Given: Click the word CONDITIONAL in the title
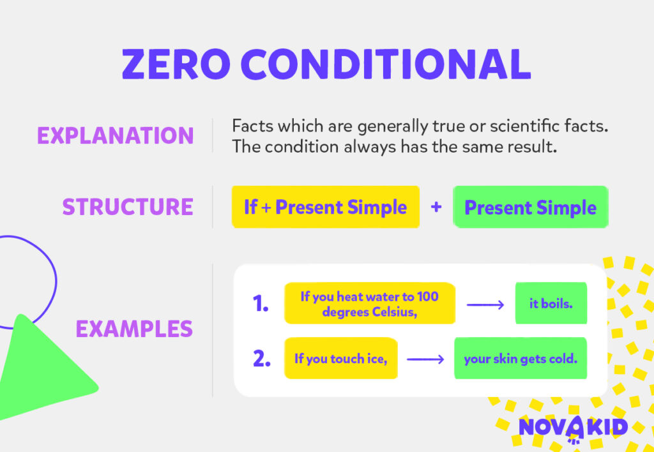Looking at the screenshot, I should click(386, 64).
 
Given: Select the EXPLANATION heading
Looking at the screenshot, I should click(115, 135).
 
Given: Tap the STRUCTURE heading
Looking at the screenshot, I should click(128, 207).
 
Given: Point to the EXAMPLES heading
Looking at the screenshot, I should click(134, 329).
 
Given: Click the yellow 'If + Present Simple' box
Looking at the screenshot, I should click(325, 207).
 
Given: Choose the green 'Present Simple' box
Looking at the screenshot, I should click(530, 207).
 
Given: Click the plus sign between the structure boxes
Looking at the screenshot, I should click(436, 207).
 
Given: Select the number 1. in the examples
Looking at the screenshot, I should click(261, 304).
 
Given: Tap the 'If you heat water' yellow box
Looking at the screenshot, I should click(369, 304).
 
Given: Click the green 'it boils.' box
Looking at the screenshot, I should click(551, 304).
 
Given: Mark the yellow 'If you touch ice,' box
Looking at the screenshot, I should click(340, 359).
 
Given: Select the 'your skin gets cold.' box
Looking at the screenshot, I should click(520, 359).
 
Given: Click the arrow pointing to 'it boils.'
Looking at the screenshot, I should click(485, 305).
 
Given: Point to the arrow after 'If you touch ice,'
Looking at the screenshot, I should click(425, 359).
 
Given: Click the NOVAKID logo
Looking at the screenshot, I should click(573, 427).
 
